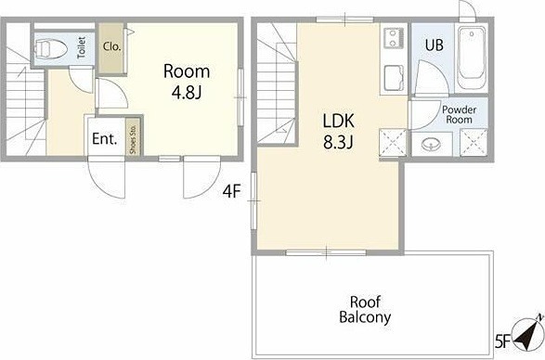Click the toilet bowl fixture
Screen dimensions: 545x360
tap(51, 48)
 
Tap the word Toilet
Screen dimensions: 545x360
tap(82, 47)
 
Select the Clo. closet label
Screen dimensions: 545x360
tap(112, 46)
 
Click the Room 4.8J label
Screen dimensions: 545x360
tap(187, 82)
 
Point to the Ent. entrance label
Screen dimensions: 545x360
tap(104, 139)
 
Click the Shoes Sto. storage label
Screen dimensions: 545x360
tap(133, 138)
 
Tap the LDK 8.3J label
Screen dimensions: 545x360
tap(339, 132)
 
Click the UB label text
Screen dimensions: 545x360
tap(435, 45)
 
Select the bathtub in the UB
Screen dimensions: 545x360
tap(472, 58)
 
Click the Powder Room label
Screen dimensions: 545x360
tap(460, 115)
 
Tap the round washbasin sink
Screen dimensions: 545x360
tap(431, 144)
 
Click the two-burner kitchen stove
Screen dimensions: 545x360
tap(395, 39)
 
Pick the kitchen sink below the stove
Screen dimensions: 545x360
tap(395, 78)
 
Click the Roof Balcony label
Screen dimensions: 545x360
tap(365, 310)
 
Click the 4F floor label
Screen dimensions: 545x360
tap(232, 191)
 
